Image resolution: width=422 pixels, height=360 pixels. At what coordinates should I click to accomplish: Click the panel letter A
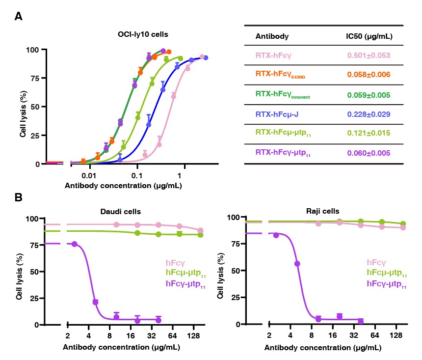[x=18, y=16]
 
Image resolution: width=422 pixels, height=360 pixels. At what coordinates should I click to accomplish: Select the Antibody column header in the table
[x=272, y=36]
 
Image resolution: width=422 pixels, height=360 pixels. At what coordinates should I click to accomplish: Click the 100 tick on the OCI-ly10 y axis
[x=32, y=50]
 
